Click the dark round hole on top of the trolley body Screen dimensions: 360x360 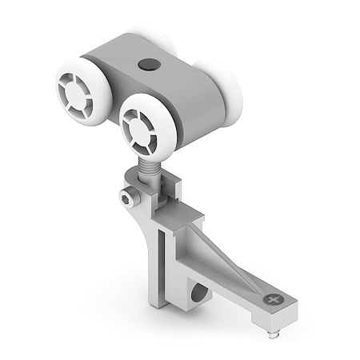pos(149,64)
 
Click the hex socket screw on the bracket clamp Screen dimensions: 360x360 pos(127,197)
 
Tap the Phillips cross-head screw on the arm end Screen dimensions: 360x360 pos(274,299)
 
